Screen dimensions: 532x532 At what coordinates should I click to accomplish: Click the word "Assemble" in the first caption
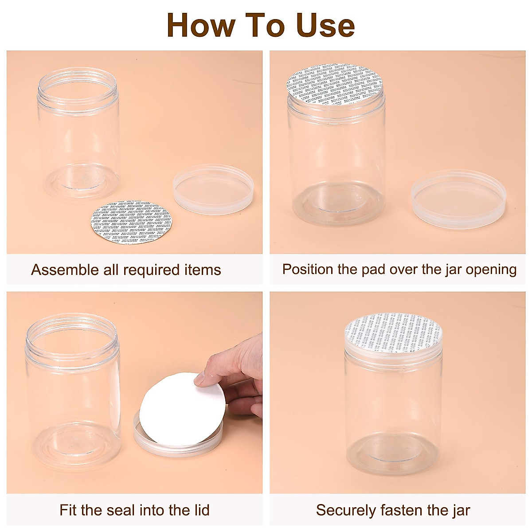point(65,270)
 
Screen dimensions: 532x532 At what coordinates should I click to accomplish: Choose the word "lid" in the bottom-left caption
point(199,510)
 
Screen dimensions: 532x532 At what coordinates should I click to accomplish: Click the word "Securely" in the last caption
point(345,510)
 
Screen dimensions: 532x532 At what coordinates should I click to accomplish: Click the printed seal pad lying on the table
point(131,222)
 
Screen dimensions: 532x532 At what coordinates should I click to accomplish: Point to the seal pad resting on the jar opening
point(335,85)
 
